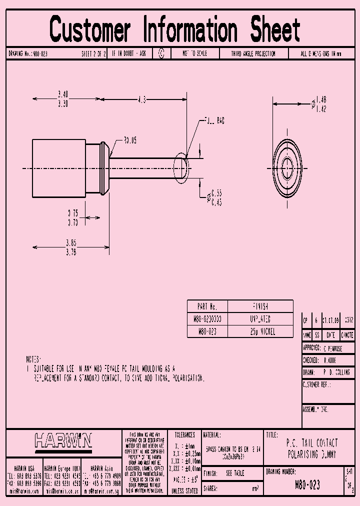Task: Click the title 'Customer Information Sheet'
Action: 174,29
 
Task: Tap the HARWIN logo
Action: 63,440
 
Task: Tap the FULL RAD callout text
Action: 215,121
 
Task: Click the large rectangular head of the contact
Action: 59,169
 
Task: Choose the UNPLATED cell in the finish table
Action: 260,318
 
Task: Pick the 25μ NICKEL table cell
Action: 260,331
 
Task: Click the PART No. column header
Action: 207,306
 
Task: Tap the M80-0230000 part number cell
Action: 207,318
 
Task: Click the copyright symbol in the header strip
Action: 161,53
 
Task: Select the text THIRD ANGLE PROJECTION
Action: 253,53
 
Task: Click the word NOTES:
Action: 34,359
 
